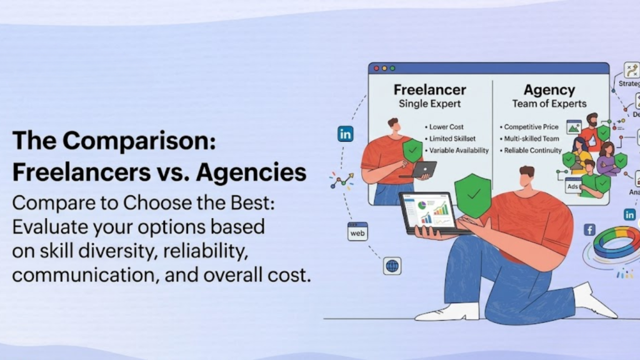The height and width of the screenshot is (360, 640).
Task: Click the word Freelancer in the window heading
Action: [x=429, y=89]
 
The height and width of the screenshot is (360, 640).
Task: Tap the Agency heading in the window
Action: [x=549, y=89]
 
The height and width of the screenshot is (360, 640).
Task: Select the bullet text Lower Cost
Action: [x=446, y=127]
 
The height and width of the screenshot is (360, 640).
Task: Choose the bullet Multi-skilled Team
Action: [x=531, y=139]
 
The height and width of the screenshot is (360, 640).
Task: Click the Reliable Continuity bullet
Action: [x=533, y=151]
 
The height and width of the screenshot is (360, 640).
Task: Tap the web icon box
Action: [x=357, y=231]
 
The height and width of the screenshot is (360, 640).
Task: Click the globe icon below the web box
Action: [x=392, y=266]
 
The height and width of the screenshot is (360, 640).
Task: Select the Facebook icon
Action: [x=589, y=230]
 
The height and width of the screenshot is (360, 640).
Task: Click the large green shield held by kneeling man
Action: [x=472, y=194]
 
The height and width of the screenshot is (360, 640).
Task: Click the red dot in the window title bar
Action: [x=376, y=68]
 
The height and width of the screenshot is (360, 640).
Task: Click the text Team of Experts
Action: [x=549, y=104]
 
